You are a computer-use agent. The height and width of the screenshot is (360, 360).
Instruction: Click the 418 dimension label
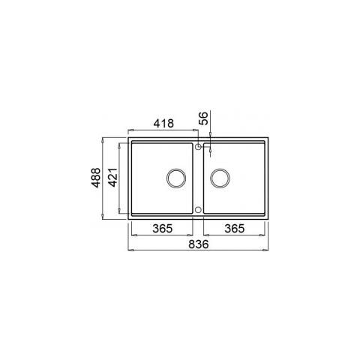click(163, 123)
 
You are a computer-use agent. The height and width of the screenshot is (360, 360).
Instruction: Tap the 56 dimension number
click(204, 118)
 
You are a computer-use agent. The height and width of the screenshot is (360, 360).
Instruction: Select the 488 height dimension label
click(96, 178)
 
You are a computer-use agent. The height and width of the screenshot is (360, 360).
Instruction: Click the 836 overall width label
click(199, 244)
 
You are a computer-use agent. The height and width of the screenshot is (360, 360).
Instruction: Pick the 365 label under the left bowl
click(163, 228)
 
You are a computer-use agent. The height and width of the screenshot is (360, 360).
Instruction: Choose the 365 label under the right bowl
click(234, 228)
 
